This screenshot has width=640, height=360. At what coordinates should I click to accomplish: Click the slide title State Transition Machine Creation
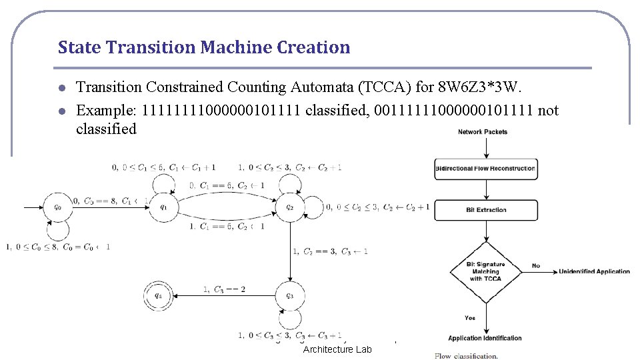pos(203,47)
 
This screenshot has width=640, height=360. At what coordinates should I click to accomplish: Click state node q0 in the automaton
pos(57,207)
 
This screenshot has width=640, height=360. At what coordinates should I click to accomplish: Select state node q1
pos(163,207)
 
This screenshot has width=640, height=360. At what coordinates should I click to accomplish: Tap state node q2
pos(289,207)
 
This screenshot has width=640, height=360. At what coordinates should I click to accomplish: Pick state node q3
pos(289,296)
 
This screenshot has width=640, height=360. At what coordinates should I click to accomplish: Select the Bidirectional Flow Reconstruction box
pos(486,169)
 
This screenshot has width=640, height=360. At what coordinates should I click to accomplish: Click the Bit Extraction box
pos(486,210)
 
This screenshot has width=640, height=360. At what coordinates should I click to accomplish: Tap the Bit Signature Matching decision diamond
pos(485,271)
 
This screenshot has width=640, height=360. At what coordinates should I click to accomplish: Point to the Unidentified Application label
pos(594,271)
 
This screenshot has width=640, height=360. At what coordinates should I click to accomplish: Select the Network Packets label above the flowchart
pos(483,132)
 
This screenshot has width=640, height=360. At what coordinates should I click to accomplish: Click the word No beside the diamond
pos(536,266)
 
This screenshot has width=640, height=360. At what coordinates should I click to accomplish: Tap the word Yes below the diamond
pos(470,317)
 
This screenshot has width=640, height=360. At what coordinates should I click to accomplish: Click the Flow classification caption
pos(466,355)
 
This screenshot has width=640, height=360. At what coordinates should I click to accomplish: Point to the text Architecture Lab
pos(337,350)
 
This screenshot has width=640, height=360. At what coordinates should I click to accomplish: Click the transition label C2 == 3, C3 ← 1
pos(331,251)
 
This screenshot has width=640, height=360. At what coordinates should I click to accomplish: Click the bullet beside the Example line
pos(61,111)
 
